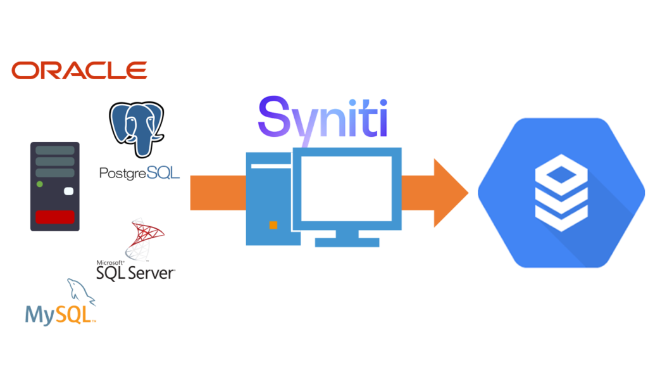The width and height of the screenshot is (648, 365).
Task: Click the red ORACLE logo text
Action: [79, 70]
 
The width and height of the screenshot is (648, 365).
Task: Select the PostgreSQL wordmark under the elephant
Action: [139, 172]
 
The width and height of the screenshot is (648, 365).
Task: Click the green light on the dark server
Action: [39, 184]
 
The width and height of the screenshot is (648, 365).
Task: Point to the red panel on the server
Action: [54, 217]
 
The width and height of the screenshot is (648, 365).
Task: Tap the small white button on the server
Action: [69, 191]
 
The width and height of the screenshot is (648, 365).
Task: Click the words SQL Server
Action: [135, 273]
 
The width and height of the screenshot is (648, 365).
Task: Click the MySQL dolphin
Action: [79, 292]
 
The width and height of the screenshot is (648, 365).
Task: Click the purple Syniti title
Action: [323, 117]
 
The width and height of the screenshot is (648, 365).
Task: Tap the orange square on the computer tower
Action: [273, 225]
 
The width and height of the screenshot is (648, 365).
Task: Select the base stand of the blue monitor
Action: [347, 242]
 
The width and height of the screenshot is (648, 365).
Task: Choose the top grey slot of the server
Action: [54, 150]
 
